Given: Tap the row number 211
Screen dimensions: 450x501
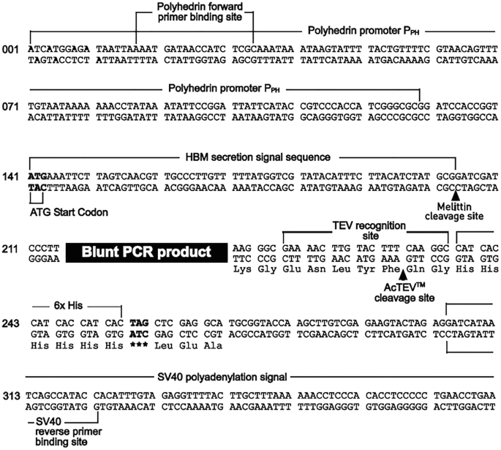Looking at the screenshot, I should pyautogui.click(x=12, y=247).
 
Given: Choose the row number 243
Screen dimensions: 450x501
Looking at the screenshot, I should pyautogui.click(x=12, y=322).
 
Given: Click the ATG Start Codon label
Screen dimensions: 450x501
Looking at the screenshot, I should pyautogui.click(x=65, y=213).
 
